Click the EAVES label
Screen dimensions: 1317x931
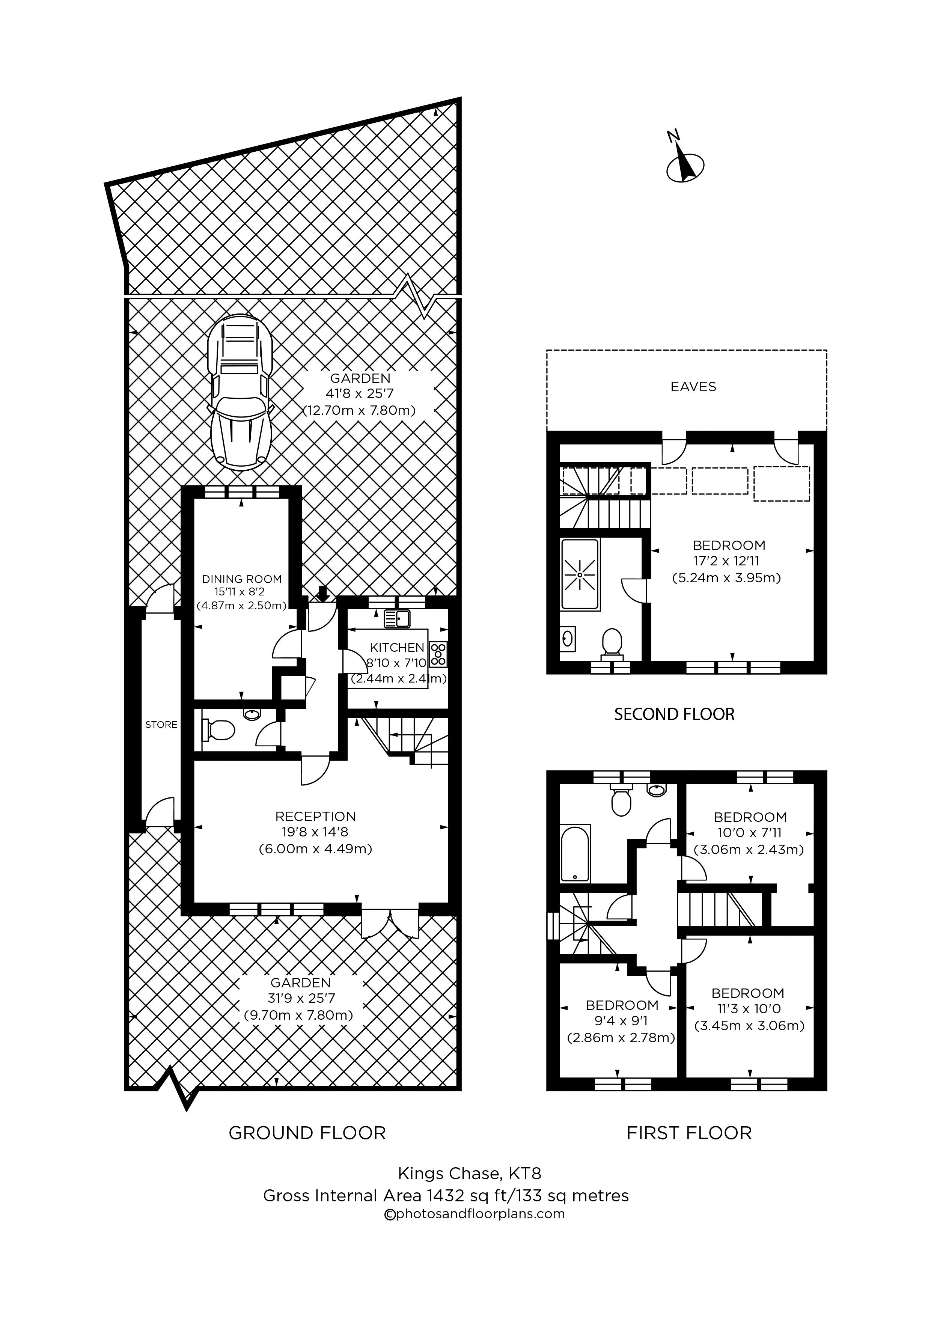[x=693, y=387]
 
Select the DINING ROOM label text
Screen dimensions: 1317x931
[x=241, y=579]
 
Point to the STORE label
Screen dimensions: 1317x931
[x=161, y=725]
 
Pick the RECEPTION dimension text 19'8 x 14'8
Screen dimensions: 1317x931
[x=315, y=832]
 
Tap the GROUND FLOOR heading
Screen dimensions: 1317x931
[x=307, y=1133]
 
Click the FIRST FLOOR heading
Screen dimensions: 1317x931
[x=689, y=1133]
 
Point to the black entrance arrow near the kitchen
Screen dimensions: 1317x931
[x=323, y=594]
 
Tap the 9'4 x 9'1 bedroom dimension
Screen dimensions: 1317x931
[x=621, y=1021]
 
